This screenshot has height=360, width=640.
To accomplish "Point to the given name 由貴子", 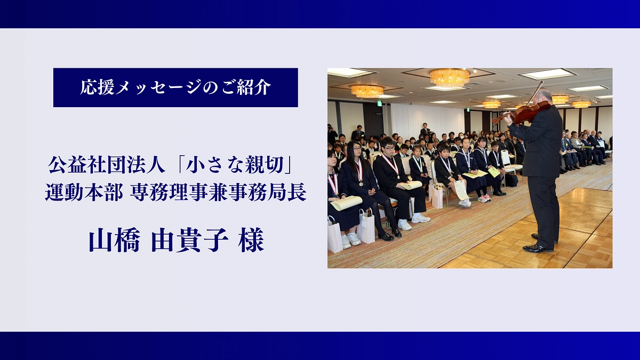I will (190, 241).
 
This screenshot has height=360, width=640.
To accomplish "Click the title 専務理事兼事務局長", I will (218, 194).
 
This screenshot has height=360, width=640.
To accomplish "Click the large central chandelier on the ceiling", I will (450, 78).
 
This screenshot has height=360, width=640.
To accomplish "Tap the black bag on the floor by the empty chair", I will (511, 180).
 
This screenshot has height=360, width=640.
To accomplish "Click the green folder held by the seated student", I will (494, 172).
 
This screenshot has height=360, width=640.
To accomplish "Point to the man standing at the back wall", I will (425, 131).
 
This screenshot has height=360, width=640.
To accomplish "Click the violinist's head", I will (545, 97).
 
